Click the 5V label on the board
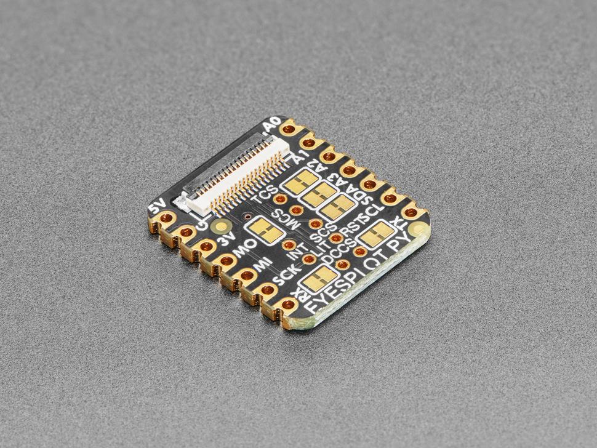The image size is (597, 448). pos(164,203)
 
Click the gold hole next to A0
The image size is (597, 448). pos(288,130)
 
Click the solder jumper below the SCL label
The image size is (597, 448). pos(375,233)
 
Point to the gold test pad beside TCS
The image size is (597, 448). pos(280,199)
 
